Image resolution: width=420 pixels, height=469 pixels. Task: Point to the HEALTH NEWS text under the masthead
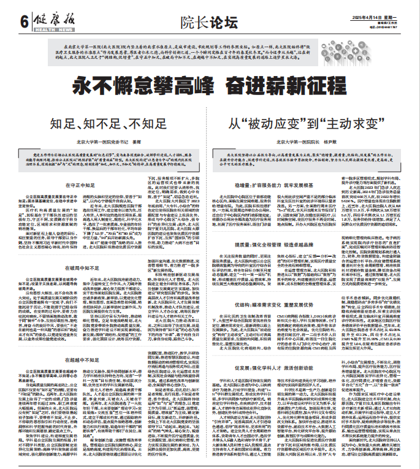[x=53, y=29]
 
